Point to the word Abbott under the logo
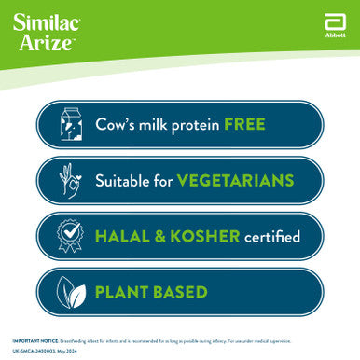pos(335,35)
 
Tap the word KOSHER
pos(206,236)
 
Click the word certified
pos(271,236)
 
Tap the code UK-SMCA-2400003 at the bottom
pos(33,351)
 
